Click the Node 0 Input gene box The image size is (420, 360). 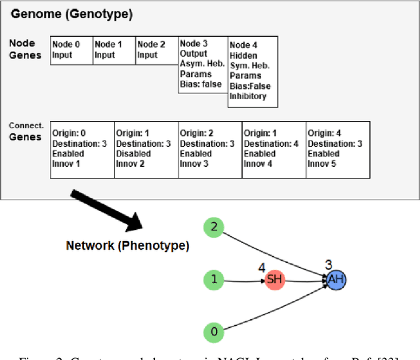tap(72, 50)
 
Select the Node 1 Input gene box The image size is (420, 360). tap(114, 50)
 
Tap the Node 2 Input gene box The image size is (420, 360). tap(157, 50)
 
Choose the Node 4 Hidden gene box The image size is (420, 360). tap(253, 71)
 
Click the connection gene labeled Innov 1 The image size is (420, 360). tap(82, 149)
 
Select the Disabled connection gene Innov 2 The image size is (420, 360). tap(146, 149)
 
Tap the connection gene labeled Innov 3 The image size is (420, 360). tap(210, 149)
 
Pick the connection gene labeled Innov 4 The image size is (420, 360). tap(274, 149)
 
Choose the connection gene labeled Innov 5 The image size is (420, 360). tap(337, 149)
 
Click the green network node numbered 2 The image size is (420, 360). tap(213, 228)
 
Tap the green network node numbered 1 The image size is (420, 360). tap(213, 280)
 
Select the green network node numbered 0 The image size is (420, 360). tap(213, 332)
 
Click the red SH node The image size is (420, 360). tap(274, 281)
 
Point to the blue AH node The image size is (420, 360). tap(335, 281)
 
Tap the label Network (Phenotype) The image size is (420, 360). tap(127, 246)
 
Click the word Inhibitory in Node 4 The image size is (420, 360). tap(248, 96)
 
